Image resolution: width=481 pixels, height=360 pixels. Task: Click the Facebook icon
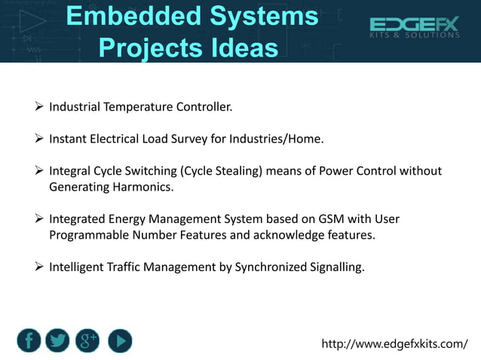coord(29,341)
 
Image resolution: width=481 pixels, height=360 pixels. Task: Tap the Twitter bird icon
coord(58,341)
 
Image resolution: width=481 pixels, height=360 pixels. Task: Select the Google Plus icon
coord(88,341)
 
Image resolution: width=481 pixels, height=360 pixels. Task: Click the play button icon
coord(119,341)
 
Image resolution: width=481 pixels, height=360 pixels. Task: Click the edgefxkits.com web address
coord(394,344)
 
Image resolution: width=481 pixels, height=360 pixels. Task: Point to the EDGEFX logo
coord(414,29)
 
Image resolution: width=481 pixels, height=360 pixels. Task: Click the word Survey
coord(203,139)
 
